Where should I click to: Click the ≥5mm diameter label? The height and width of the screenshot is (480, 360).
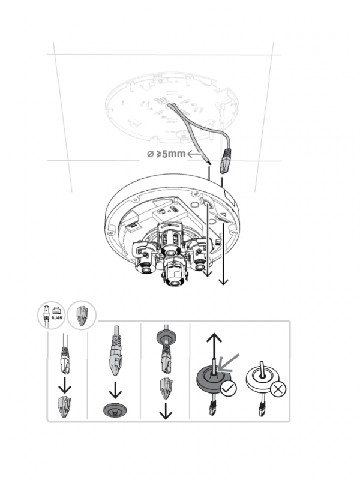tap(166, 154)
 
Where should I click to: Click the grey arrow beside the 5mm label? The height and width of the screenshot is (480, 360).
tap(195, 155)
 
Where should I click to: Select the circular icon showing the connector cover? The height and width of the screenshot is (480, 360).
tap(81, 316)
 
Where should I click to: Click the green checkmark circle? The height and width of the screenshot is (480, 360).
tap(227, 389)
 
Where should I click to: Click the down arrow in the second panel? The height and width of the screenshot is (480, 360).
tap(114, 391)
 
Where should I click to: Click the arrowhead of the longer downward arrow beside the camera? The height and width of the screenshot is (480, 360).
tap(224, 282)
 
